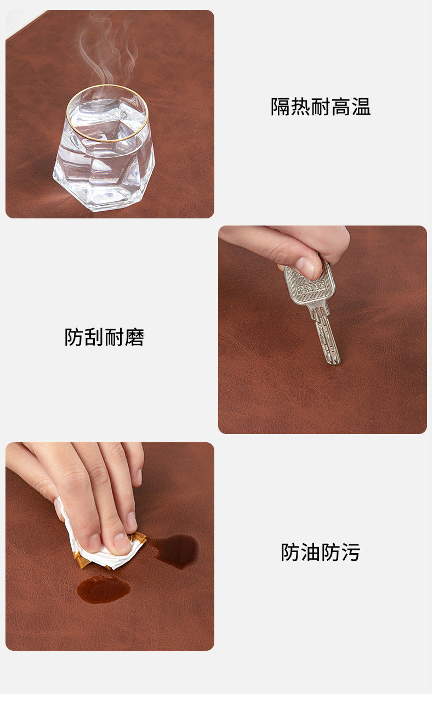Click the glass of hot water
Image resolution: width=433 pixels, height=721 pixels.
[x=104, y=148]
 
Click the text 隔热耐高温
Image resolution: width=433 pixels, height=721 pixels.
[x=321, y=107]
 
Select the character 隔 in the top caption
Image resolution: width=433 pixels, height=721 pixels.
[x=281, y=107]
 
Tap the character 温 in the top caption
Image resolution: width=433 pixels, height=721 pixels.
[x=361, y=107]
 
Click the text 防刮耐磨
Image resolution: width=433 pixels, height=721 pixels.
[x=104, y=337]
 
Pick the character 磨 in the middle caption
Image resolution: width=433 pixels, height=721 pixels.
[x=134, y=337]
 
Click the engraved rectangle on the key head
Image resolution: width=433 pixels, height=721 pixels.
[x=311, y=288]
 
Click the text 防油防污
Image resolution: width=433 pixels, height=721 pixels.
[x=321, y=553]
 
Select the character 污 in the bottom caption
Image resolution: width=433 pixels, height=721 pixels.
[x=351, y=553]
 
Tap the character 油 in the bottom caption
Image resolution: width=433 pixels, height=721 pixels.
[x=311, y=553]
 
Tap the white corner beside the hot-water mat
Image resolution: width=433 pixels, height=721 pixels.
[x=19, y=22]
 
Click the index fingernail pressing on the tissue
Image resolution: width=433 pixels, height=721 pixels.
[x=122, y=542]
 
